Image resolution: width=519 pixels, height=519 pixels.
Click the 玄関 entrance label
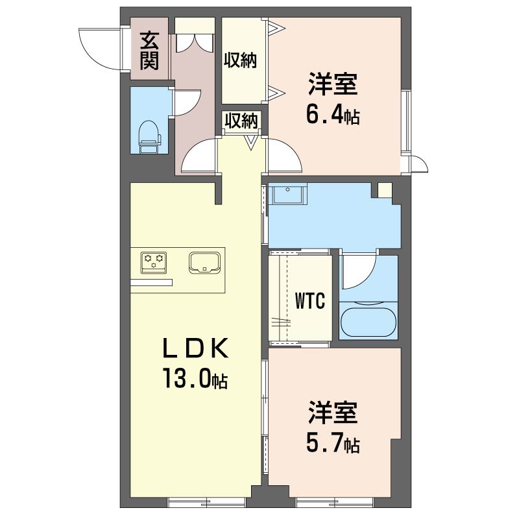(150, 51)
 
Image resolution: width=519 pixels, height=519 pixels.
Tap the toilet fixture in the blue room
(150, 137)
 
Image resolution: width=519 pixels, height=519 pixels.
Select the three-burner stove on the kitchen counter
(154, 263)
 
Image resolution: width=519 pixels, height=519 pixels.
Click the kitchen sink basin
(204, 263)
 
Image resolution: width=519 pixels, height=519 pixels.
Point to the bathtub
(368, 322)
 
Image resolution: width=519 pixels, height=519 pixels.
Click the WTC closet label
(310, 300)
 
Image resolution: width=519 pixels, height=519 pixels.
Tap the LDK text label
(195, 348)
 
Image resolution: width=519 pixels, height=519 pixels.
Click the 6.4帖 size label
(333, 115)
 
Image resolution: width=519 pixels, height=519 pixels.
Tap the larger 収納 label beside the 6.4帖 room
(240, 60)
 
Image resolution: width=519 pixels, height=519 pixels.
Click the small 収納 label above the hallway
(241, 121)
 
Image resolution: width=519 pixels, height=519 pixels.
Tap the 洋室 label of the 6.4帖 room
(333, 84)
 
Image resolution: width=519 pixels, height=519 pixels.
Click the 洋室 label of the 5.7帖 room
(333, 412)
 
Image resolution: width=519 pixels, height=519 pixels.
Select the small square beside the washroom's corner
(385, 190)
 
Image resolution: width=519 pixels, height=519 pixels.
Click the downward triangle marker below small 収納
(251, 142)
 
